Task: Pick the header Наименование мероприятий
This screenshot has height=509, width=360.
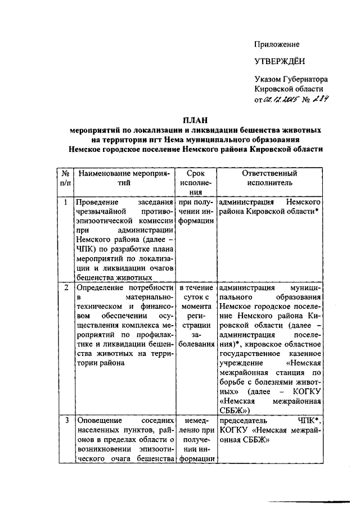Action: coord(124,178)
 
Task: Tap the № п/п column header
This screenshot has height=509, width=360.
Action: coord(66,178)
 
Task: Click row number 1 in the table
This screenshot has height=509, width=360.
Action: coord(66,201)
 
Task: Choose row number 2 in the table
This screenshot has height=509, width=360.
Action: coord(66,288)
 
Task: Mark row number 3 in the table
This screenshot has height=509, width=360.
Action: coord(66,420)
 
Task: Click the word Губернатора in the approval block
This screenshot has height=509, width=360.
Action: coord(307,79)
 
